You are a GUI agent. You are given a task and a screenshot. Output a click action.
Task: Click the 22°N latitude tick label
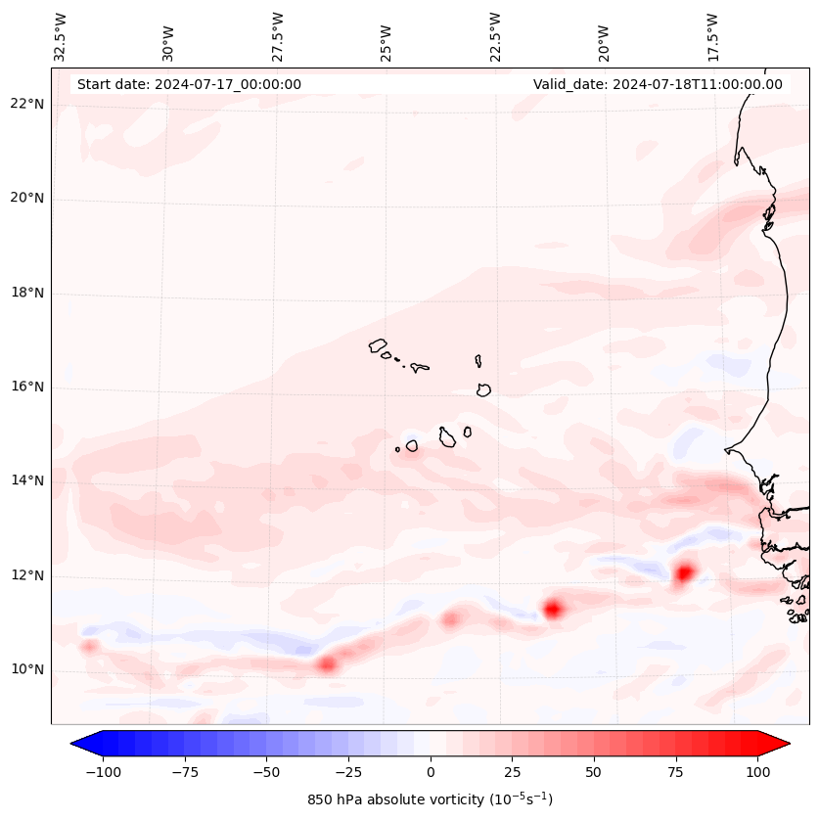(x=28, y=105)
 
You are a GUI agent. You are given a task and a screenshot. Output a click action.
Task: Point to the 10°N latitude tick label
(x=28, y=670)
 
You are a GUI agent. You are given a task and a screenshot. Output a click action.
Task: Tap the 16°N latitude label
(x=28, y=388)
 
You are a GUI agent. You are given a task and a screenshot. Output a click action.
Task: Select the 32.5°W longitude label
(x=61, y=36)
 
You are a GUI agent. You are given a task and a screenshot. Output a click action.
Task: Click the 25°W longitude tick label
(x=387, y=36)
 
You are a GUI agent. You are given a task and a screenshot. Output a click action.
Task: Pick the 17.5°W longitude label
(x=712, y=36)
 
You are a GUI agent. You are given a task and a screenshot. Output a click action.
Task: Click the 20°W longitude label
(x=604, y=36)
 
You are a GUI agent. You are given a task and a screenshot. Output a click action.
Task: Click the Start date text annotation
(x=189, y=84)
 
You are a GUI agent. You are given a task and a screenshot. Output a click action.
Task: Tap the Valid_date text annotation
(x=658, y=84)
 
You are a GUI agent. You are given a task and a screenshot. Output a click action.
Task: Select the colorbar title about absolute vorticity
(x=430, y=799)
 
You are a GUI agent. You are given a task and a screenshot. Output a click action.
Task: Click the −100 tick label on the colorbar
(x=103, y=772)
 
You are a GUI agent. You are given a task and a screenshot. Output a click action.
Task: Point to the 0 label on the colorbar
(x=430, y=772)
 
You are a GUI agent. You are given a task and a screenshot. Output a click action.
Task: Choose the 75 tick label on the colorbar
(x=675, y=772)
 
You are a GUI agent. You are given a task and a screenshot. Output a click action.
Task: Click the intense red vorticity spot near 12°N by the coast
(x=683, y=572)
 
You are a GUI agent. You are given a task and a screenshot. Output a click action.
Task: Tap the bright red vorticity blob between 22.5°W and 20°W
(x=553, y=609)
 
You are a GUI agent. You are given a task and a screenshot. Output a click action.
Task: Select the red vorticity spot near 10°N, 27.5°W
(x=327, y=664)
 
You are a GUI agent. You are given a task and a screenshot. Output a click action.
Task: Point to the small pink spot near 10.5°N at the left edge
(x=88, y=646)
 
